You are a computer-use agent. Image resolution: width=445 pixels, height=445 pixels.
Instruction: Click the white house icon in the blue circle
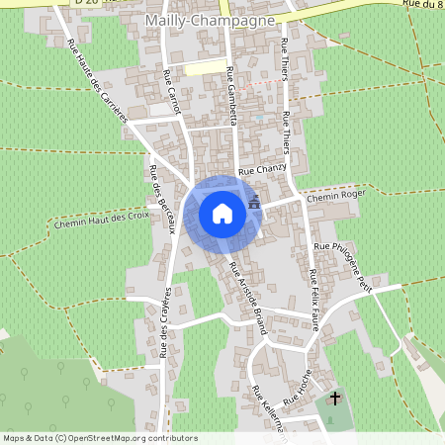tap(222, 213)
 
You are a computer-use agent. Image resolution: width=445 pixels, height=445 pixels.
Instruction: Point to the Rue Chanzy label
tap(262, 170)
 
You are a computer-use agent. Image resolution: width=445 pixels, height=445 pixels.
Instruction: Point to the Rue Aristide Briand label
tap(248, 300)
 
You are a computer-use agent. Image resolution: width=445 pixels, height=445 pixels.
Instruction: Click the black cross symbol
tap(335, 399)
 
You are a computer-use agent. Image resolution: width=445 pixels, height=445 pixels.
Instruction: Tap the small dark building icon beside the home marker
tap(256, 201)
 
